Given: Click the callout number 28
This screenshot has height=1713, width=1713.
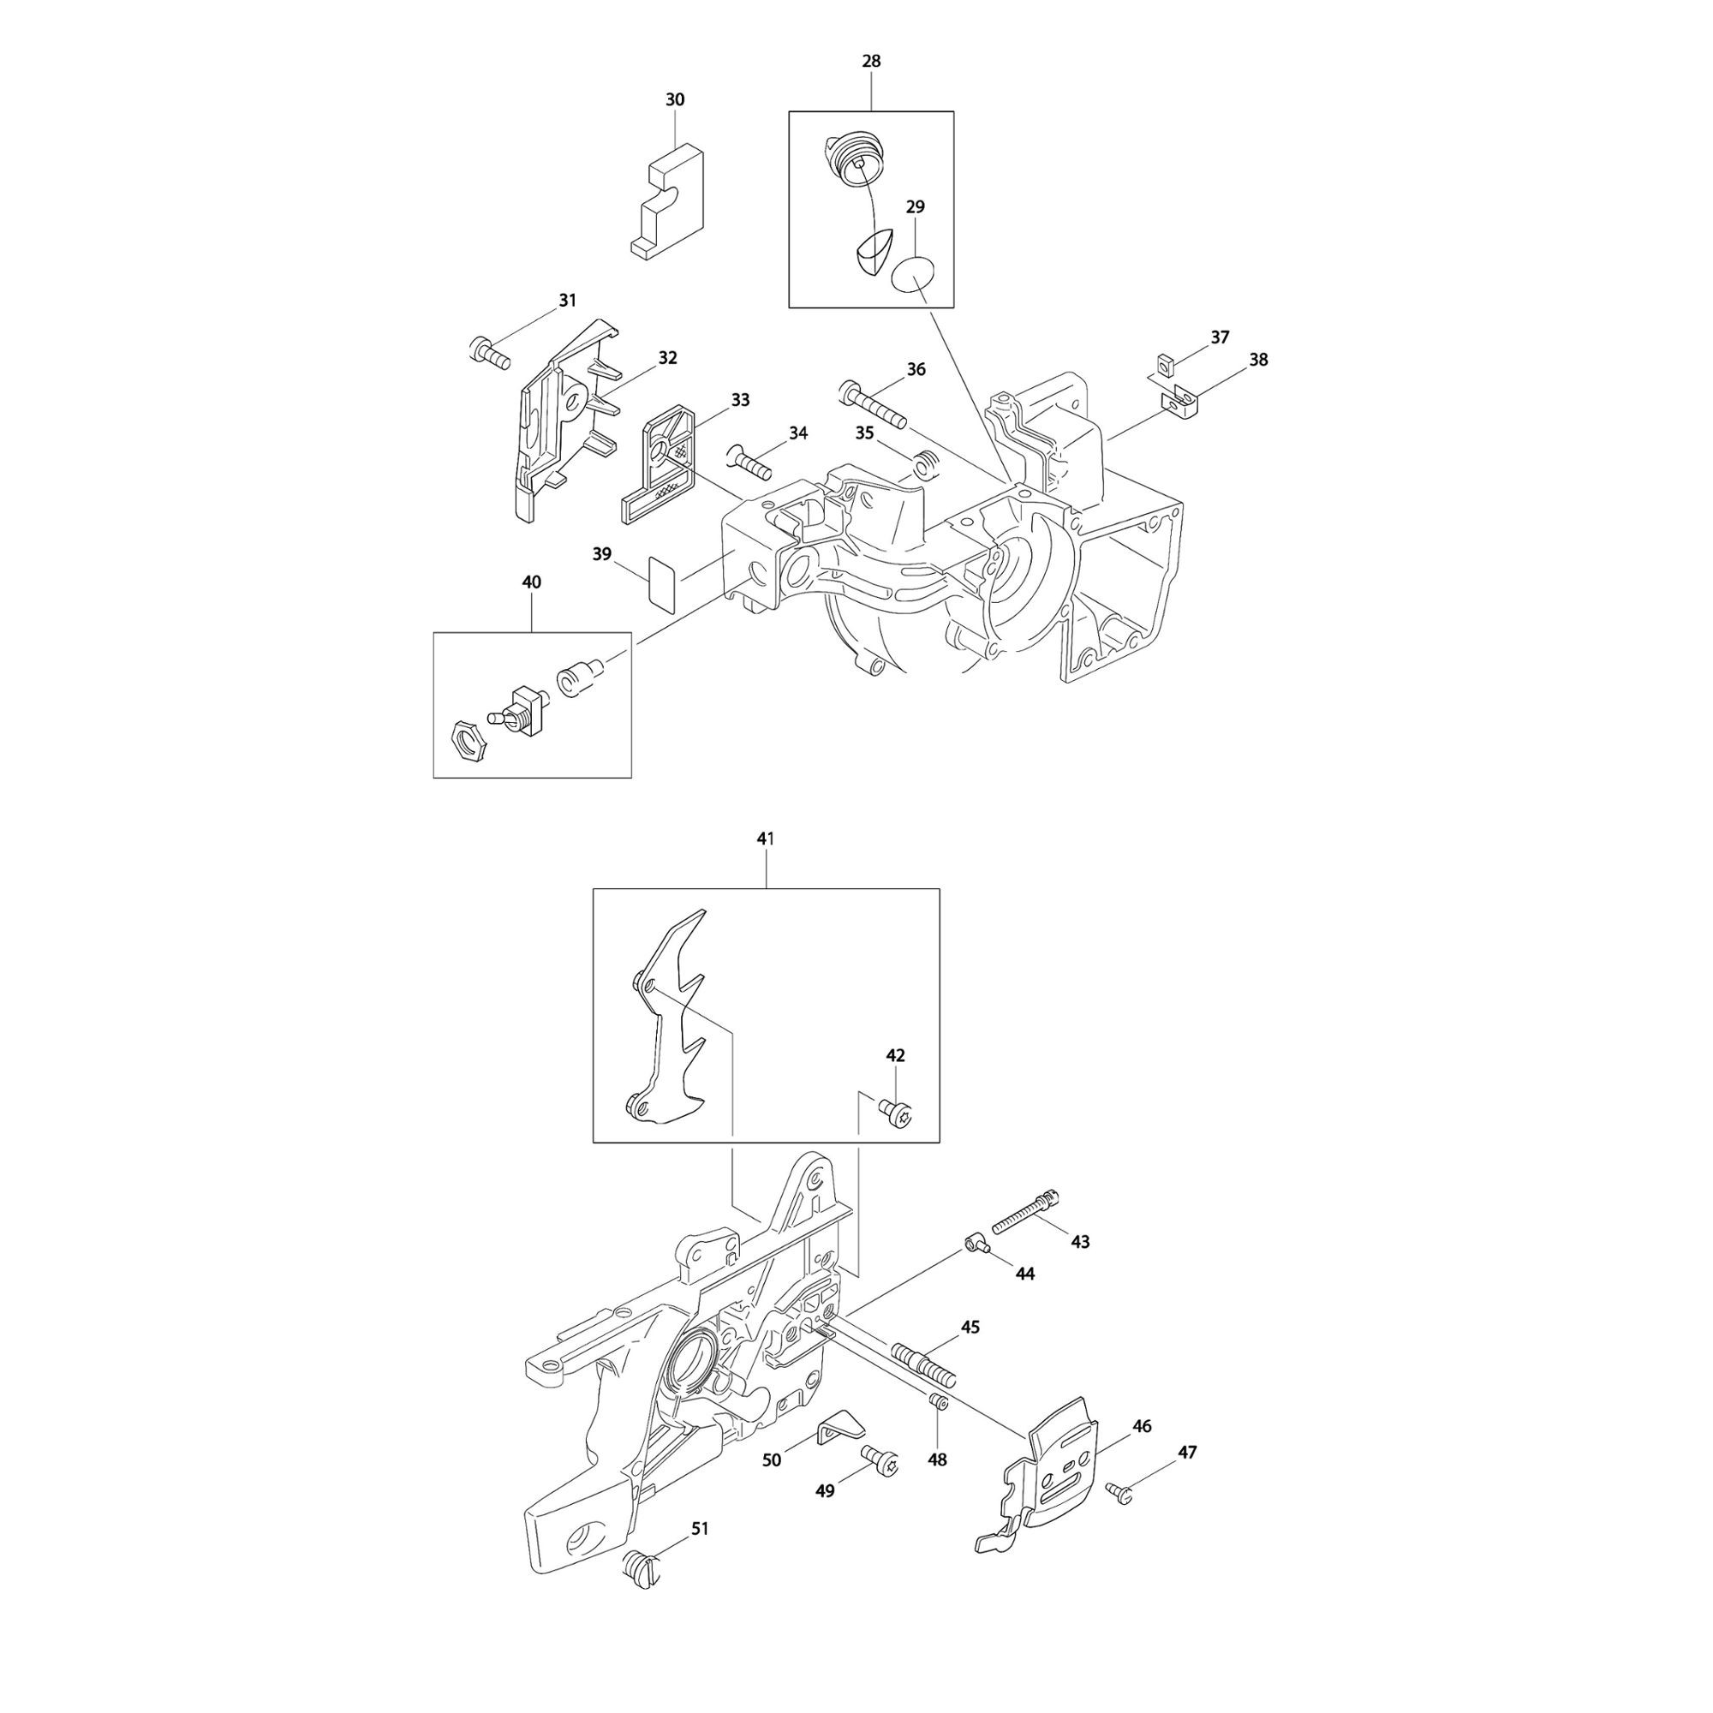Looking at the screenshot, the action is point(872,61).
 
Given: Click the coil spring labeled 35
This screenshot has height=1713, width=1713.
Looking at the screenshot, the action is point(925,463).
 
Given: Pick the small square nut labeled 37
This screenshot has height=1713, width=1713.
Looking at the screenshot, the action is point(1167,363).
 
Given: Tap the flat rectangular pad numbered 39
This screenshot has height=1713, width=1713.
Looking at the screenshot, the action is point(661,582).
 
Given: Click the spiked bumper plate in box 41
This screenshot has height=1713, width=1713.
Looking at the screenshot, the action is point(666,1023).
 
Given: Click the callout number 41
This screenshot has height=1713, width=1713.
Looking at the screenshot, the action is point(766,838).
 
